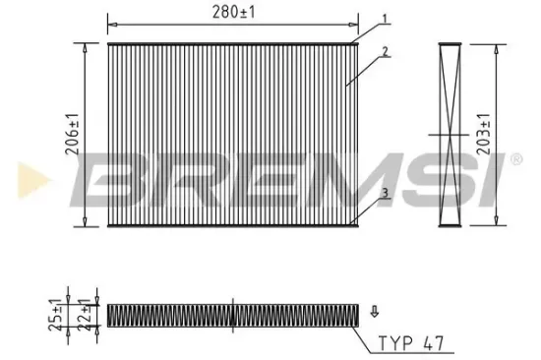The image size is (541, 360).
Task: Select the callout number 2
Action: (387, 50)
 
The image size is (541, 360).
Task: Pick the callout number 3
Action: (387, 193)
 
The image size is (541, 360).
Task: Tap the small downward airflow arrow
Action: (373, 312)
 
